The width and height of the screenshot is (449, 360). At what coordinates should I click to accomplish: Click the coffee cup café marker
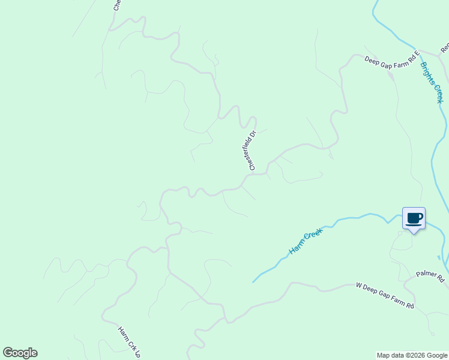coord(414,218)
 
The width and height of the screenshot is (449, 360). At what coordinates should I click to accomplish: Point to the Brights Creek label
coord(432,82)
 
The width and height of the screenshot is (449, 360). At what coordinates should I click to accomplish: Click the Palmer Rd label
coord(430,278)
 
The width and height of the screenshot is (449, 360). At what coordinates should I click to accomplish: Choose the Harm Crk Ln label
coord(129,342)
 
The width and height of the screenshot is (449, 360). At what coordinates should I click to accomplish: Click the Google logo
coord(20,353)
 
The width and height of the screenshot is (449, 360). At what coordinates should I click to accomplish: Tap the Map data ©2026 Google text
coord(411,355)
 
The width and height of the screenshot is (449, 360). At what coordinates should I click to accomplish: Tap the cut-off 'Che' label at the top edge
coord(117,5)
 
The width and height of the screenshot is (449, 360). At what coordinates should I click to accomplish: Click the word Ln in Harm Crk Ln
coord(137,354)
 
